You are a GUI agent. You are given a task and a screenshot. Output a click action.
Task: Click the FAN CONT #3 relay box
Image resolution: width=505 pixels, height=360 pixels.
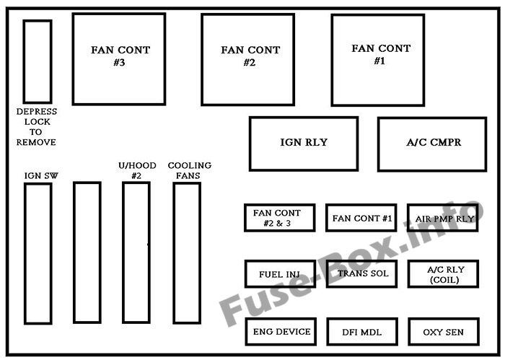tap(119, 58)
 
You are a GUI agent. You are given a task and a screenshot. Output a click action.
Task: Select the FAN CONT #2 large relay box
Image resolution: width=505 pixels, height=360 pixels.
tap(247, 59)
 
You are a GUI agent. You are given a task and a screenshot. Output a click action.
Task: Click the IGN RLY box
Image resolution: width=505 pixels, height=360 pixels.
tap(303, 143)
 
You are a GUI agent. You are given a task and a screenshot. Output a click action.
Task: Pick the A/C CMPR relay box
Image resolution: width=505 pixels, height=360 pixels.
tap(431, 143)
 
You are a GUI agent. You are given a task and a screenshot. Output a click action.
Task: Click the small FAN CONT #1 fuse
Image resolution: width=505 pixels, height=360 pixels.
tap(361, 217)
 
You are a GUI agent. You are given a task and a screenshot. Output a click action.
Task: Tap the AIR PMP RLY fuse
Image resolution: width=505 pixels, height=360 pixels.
tap(442, 217)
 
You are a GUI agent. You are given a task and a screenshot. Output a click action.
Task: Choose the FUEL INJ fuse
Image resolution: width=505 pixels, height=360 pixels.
tap(280, 274)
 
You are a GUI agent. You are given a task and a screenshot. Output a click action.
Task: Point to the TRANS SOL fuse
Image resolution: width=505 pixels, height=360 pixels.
tap(361, 274)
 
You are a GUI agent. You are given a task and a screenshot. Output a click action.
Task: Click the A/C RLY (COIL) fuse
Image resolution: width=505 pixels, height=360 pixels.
tap(442, 274)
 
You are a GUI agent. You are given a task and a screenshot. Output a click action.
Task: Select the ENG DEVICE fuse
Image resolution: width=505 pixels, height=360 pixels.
tap(280, 332)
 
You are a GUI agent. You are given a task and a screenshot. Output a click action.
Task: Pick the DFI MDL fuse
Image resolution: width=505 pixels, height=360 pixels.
tap(361, 332)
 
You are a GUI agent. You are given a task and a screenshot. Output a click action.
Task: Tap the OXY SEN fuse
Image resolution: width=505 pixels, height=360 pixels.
tap(442, 332)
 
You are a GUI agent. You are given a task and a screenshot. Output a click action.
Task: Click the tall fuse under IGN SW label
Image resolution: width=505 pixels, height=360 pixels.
tap(38, 253)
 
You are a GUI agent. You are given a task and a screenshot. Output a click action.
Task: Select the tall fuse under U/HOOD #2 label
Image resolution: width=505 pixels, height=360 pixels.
tap(136, 253)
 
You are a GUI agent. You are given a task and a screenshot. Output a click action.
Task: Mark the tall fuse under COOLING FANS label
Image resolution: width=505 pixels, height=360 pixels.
tap(186, 253)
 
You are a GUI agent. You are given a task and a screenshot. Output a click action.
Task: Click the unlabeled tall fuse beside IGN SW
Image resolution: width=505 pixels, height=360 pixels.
tap(87, 253)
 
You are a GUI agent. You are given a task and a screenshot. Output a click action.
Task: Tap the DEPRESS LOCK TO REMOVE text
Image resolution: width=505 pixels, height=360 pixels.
tap(37, 127)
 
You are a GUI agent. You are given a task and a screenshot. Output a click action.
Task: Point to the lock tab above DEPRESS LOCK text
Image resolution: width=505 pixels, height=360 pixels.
tap(38, 61)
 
